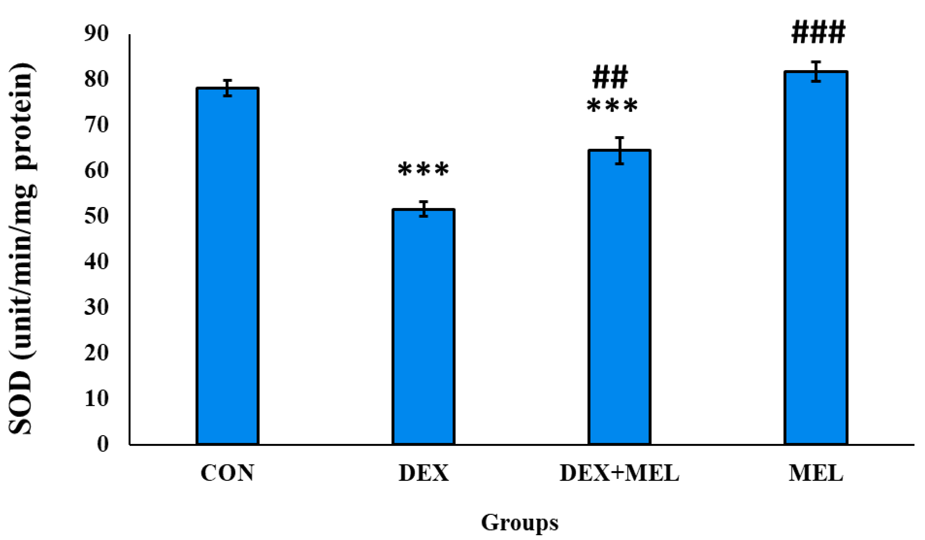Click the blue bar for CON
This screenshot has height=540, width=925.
pos(228,266)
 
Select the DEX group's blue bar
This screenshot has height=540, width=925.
pos(423,327)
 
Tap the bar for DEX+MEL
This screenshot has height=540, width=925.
pos(619,297)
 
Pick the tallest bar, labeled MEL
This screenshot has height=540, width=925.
pos(816,257)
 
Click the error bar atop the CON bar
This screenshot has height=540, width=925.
pos(228,88)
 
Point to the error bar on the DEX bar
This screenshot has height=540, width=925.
pos(424,209)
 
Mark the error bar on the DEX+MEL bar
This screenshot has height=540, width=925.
pos(620,150)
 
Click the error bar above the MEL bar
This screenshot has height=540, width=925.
pos(816,71)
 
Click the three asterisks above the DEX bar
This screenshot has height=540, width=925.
pos(423,170)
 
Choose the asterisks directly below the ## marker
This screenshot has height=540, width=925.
pos(612,106)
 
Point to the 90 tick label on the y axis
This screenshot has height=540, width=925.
pos(97,34)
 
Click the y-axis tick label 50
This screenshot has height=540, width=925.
pos(97,216)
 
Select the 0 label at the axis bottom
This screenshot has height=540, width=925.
pos(103,444)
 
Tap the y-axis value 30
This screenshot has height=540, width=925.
pos(97,307)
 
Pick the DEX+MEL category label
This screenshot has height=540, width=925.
pos(619,473)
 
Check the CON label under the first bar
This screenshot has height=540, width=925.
pos(228,473)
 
